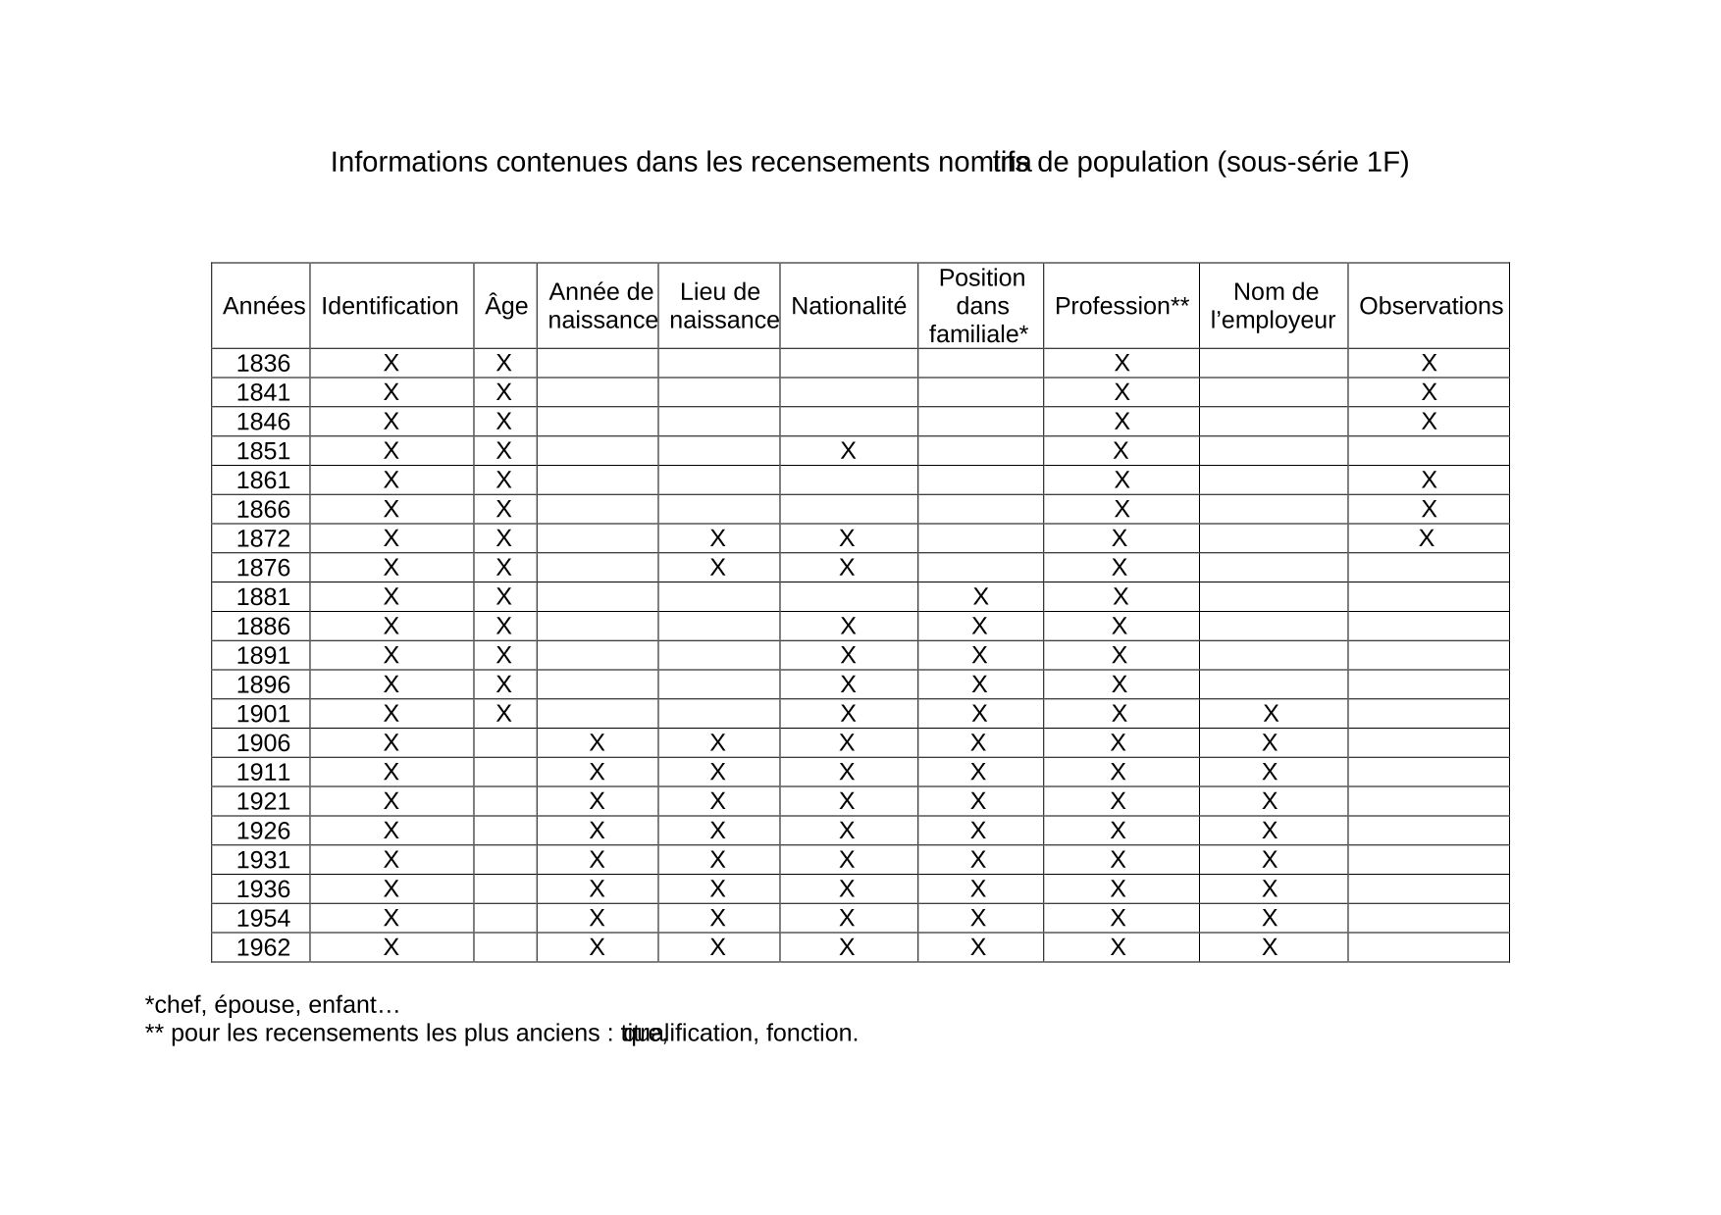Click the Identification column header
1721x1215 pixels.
coord(390,306)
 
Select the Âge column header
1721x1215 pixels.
coord(505,306)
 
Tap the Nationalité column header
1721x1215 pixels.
coord(849,306)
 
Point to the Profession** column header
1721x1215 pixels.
coord(1121,306)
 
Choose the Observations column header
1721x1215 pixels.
coord(1430,306)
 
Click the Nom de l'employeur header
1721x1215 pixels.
coord(1274,306)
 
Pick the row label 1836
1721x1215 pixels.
coord(263,364)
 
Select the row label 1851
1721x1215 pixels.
coord(263,451)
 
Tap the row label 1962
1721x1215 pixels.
coord(263,947)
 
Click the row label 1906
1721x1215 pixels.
coord(263,743)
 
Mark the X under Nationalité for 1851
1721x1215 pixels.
coord(849,451)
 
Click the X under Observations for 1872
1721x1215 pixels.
coord(1427,538)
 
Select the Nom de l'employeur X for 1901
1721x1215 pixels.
coord(1271,713)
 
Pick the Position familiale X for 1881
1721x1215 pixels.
coord(980,596)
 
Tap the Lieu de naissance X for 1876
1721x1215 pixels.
coord(718,568)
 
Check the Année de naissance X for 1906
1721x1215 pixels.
coord(597,742)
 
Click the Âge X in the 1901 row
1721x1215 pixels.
coord(503,713)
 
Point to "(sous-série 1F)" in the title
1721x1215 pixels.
coord(1313,163)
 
